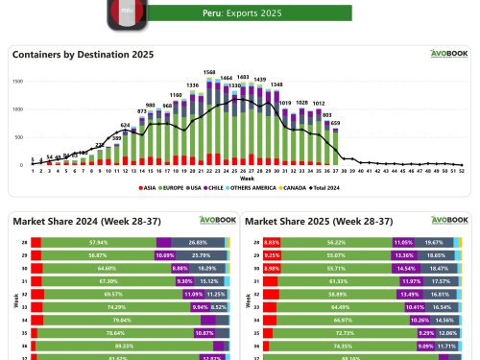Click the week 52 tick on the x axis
[x=462, y=173]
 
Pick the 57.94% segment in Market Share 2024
[x=97, y=243]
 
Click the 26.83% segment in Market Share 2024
[x=198, y=243]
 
